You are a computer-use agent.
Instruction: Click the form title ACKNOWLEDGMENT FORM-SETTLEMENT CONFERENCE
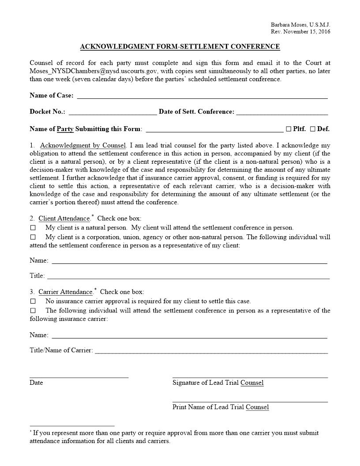coord(180,47)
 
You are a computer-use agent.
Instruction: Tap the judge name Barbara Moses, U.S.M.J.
coord(300,25)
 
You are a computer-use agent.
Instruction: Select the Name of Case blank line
coord(202,96)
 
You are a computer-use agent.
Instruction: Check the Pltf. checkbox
coord(289,129)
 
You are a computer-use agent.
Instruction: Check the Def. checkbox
coord(312,129)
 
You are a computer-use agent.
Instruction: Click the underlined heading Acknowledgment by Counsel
coord(83,145)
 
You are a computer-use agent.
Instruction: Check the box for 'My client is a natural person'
coord(33,228)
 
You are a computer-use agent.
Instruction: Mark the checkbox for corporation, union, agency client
coord(33,237)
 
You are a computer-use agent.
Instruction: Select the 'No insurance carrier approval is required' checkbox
coord(33,301)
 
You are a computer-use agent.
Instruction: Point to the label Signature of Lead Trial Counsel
coord(218,383)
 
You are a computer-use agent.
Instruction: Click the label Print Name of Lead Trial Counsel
coord(221,407)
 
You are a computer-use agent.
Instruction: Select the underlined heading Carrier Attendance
coord(65,292)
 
